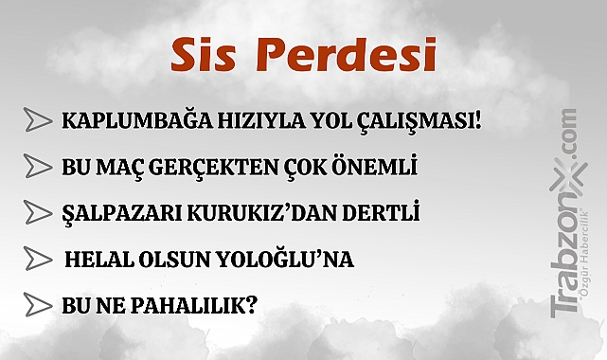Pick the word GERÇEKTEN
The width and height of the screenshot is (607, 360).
tap(210, 168)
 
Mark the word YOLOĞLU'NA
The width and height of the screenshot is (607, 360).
tap(295, 259)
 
